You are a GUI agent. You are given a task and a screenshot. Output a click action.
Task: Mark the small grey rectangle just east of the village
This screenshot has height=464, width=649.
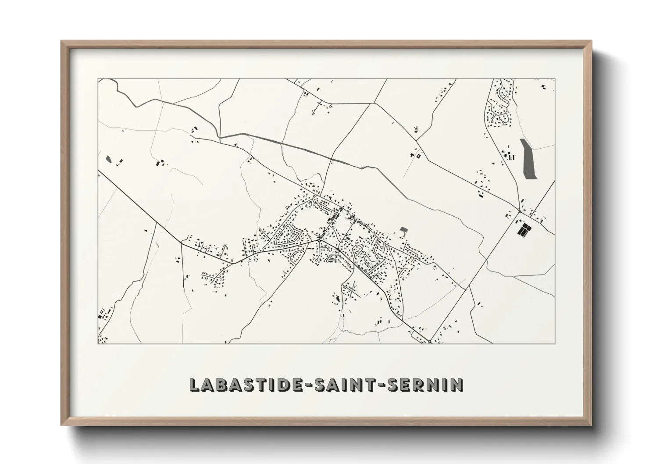[403, 229]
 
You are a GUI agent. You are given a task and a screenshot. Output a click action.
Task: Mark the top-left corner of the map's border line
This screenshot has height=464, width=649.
[98, 79]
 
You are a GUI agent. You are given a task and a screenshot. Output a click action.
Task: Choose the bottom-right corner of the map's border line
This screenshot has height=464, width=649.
[554, 343]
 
